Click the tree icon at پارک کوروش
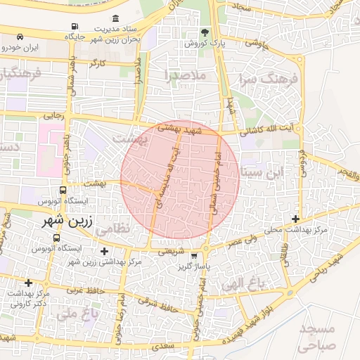coord(205,32)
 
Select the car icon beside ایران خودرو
coord(19,36)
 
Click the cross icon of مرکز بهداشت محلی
coord(295,219)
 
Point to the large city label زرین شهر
coord(52,221)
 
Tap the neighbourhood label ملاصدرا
coord(186,74)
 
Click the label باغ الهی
coord(254,284)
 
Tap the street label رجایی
coord(53,115)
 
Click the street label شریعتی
coord(171,251)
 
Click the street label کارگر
coord(98,63)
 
